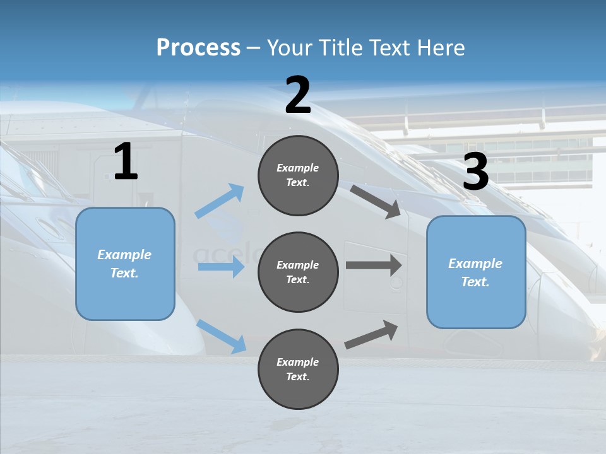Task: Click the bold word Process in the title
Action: (x=198, y=47)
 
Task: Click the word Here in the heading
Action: (x=440, y=47)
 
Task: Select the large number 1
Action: (x=126, y=162)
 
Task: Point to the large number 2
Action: (x=298, y=96)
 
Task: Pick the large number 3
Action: (x=475, y=172)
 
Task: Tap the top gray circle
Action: (x=298, y=175)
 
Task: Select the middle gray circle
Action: (x=298, y=272)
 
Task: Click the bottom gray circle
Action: (x=298, y=369)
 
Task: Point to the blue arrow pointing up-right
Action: (x=220, y=201)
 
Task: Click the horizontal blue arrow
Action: (x=221, y=267)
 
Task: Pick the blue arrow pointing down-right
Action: (x=222, y=336)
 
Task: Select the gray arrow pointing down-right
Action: (x=376, y=201)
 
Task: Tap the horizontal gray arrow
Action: (x=374, y=265)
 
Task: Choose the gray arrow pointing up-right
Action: (x=371, y=335)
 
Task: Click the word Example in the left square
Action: (x=124, y=255)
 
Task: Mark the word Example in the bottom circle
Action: (x=298, y=362)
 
